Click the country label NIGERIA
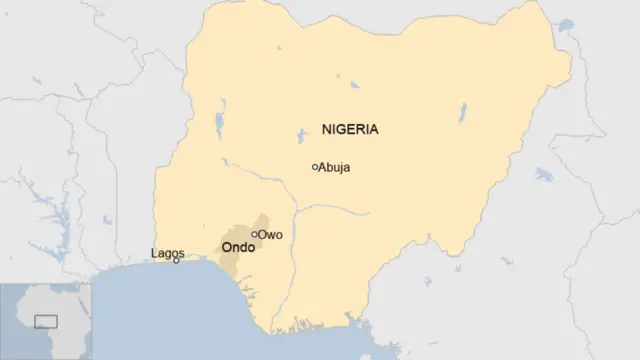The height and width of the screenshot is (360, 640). point(350,130)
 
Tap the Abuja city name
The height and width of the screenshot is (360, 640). point(334,168)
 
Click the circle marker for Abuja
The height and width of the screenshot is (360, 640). point(315,167)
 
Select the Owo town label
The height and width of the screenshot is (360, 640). point(271,235)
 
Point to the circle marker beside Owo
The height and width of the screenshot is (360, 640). point(255,234)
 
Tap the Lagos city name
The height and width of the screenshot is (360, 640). point(167,253)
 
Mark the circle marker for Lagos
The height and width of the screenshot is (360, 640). point(177,260)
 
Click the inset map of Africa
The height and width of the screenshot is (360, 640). point(45,320)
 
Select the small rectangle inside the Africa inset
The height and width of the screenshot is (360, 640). point(46,321)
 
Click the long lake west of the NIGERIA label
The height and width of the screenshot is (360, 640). point(219,125)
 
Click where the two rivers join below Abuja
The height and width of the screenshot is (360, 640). point(295,212)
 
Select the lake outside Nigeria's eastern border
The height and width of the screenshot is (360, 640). point(544,175)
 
